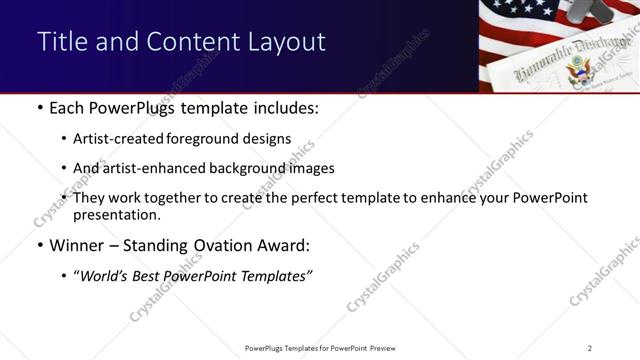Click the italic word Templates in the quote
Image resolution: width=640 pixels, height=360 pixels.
coord(276,277)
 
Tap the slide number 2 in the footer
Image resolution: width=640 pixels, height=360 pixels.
coord(589,348)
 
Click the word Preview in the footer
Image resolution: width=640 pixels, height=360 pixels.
coord(389,348)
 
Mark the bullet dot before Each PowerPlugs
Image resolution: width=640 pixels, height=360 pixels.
coord(38,107)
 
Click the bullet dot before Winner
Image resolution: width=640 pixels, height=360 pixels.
coord(38,246)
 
